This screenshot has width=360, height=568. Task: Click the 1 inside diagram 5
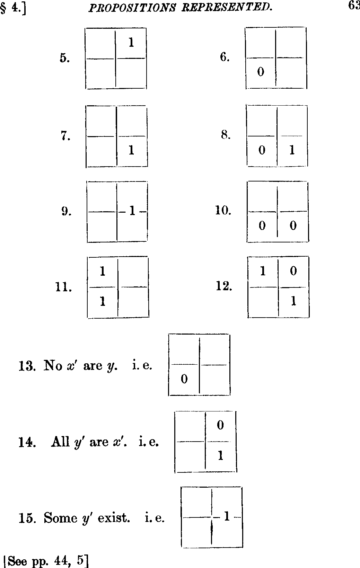pos(131,42)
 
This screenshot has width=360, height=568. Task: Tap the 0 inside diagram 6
pos(261,72)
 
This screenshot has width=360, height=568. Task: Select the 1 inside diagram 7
pos(131,150)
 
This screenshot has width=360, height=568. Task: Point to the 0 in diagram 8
pos(262,150)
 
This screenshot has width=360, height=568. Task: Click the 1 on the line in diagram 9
pos(132,211)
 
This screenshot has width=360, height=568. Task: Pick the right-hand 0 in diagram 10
pos(293,225)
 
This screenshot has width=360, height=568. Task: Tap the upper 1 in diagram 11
pos(103,271)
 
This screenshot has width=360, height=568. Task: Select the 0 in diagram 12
pos(293,271)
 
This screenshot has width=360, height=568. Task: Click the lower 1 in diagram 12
pos(293,301)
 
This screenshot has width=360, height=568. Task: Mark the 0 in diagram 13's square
pos(184,379)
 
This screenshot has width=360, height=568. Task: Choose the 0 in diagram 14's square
pos(220,425)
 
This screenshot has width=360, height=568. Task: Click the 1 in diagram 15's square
pos(227,516)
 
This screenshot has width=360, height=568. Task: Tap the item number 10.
pos(223,210)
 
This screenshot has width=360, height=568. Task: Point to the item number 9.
pos(66,211)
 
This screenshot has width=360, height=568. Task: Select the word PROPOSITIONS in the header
pos(132,8)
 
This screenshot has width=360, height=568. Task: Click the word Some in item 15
pos(61,517)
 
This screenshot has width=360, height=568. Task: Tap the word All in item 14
pos(60,442)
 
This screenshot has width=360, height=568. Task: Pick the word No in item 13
pos(53,365)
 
